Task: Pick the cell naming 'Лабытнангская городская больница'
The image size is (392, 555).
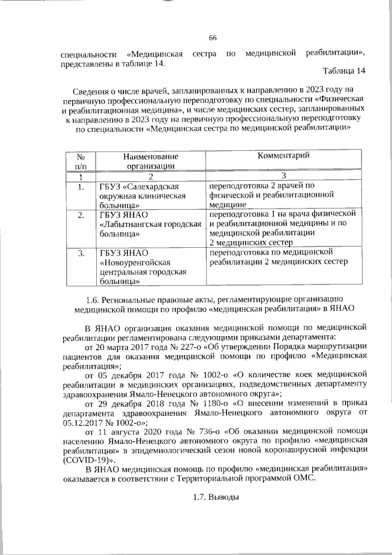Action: (150, 224)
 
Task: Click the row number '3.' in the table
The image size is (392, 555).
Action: (80, 253)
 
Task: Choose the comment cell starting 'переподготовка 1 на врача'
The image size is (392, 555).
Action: (282, 228)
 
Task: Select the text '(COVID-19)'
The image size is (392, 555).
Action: (87, 457)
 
